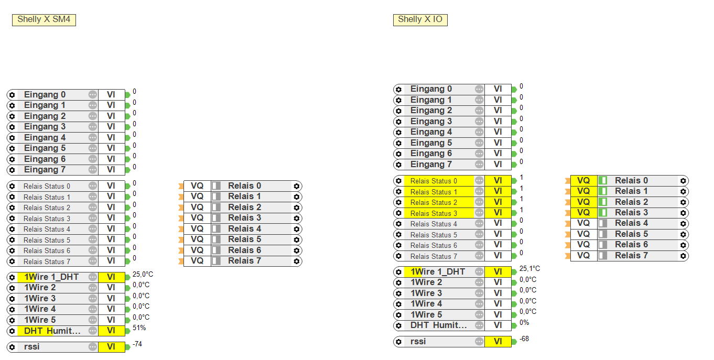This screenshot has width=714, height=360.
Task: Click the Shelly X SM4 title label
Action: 44,20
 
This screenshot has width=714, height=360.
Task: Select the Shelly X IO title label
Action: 420,20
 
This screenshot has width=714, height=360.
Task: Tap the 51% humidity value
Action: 139,328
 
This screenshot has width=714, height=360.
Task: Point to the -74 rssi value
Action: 137,344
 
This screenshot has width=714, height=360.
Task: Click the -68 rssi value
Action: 524,339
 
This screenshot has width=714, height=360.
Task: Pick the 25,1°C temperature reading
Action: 529,269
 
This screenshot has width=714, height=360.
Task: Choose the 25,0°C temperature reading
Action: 143,274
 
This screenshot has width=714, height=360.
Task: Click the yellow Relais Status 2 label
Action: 434,202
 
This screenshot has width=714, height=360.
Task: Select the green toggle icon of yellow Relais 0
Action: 603,180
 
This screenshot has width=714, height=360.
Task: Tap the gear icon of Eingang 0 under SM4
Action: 12,95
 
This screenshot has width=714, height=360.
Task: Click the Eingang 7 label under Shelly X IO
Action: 431,165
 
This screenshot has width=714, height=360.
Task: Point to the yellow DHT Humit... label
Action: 52,331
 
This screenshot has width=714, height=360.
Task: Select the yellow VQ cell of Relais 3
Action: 583,213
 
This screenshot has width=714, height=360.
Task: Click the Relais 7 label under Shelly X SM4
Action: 244,261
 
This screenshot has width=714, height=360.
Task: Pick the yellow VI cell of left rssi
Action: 111,347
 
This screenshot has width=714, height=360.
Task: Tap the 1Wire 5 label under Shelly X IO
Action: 426,314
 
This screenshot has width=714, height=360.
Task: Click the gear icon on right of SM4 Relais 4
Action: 297,229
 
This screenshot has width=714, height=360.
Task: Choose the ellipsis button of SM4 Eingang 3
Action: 93,127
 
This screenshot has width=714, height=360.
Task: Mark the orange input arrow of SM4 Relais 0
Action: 181,186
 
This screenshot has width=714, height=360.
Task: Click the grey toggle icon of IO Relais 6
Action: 603,245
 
